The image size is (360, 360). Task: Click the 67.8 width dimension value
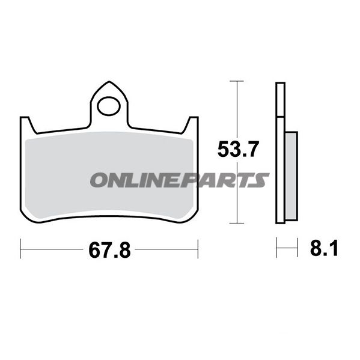coord(109,250)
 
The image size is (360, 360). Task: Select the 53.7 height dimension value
coord(238,149)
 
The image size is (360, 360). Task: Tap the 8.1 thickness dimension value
coord(324,248)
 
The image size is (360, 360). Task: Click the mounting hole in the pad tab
coord(109,106)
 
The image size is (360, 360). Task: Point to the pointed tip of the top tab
coord(109,82)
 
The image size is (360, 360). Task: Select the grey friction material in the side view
coord(291,176)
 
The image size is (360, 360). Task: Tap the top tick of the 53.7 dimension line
coord(236,81)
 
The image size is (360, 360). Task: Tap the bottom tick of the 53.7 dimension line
coord(236,223)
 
